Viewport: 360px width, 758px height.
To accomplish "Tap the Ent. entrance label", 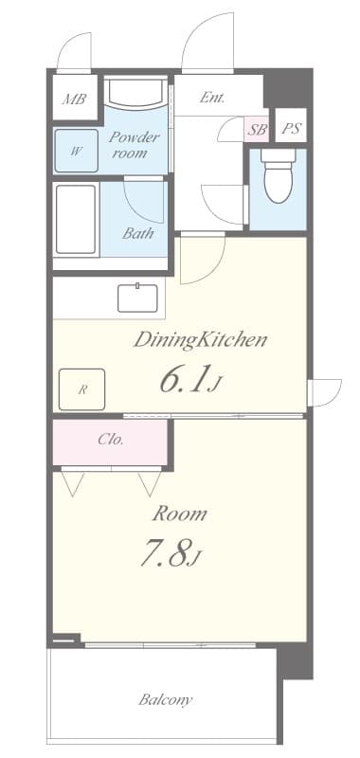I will click(x=211, y=97).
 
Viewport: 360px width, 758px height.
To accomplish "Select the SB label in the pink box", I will click(x=257, y=130).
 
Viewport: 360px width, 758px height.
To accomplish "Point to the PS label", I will click(x=291, y=130).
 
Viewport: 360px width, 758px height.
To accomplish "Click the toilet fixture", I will click(x=279, y=178).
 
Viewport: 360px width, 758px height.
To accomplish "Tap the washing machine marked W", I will click(x=76, y=150).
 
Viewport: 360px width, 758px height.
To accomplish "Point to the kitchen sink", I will click(x=139, y=298).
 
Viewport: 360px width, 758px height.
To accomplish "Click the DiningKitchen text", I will click(x=199, y=338).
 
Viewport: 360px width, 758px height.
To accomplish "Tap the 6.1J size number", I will click(x=190, y=380).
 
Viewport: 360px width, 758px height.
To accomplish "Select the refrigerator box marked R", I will click(x=82, y=388).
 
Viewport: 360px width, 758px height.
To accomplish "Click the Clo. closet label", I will click(x=111, y=440).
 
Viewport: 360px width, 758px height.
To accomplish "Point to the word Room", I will click(x=180, y=514).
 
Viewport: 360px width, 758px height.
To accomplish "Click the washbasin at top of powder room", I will click(x=135, y=95).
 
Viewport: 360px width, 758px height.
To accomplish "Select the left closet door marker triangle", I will click(x=72, y=483).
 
